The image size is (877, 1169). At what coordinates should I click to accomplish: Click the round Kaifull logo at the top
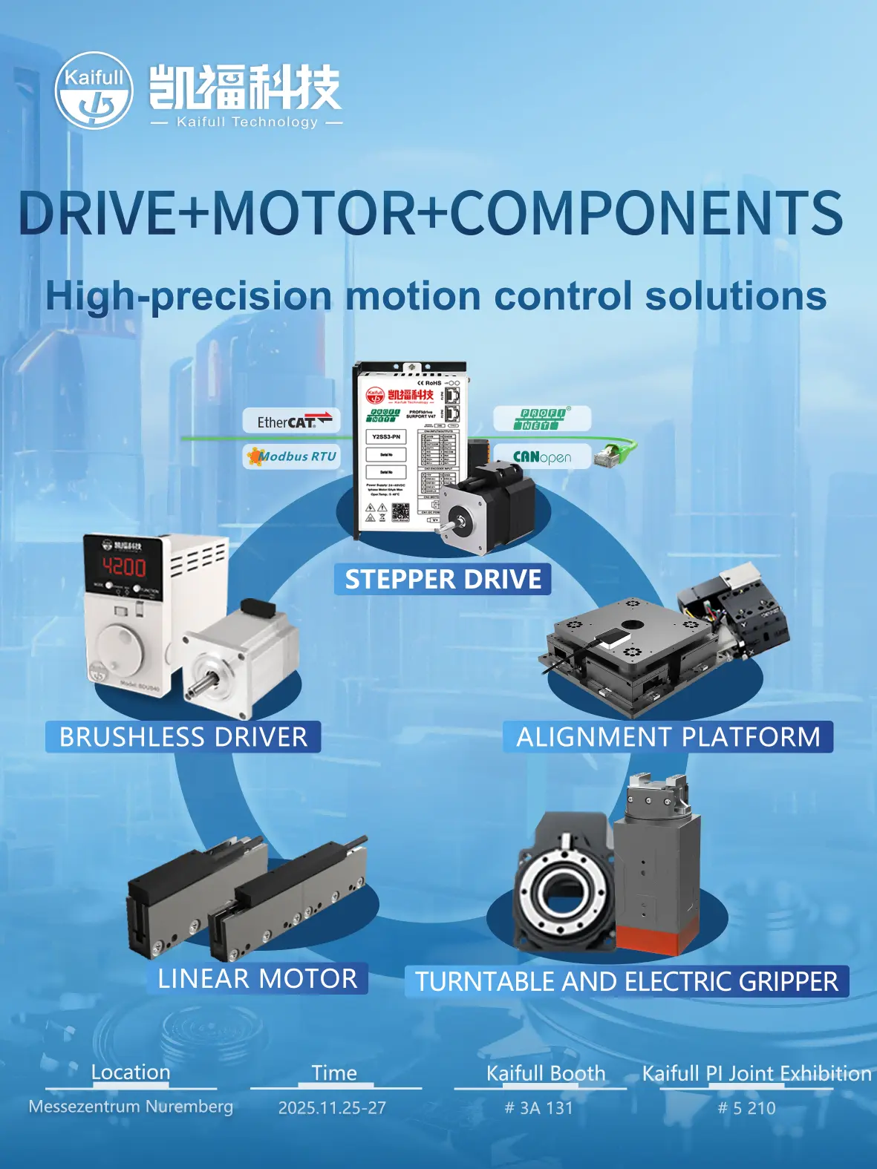click(94, 90)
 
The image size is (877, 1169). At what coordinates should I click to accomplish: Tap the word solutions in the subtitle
click(735, 295)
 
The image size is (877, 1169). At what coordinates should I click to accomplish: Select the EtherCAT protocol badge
click(291, 421)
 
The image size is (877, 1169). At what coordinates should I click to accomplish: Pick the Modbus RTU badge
click(293, 456)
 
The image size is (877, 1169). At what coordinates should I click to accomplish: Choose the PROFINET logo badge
click(542, 419)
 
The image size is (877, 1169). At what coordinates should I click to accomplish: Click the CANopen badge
click(542, 456)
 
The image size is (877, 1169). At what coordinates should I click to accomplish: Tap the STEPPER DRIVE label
click(443, 580)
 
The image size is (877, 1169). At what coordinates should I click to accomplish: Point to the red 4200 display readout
click(124, 568)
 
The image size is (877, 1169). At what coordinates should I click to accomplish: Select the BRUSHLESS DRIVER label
click(183, 737)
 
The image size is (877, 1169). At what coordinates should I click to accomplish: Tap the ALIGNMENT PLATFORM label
click(668, 737)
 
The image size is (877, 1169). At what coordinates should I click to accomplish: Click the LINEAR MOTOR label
click(257, 978)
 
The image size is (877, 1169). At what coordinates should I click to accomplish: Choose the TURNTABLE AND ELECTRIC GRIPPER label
click(626, 981)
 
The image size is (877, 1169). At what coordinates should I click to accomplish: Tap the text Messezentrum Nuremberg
click(131, 1107)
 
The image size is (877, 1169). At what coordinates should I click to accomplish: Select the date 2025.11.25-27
click(332, 1108)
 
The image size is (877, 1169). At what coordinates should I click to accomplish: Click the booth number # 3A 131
click(539, 1108)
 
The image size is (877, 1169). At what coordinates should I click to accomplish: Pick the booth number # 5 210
click(746, 1108)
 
